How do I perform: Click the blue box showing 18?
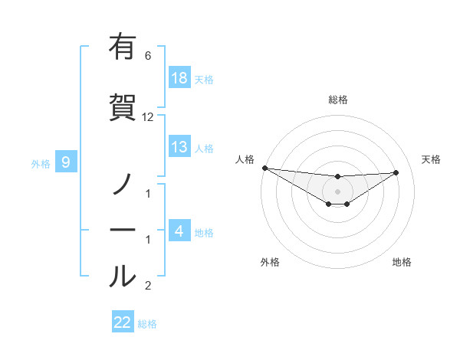[x=179, y=78]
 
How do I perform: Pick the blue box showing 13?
[x=179, y=147]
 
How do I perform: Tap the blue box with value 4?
[x=179, y=231]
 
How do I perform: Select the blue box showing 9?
[x=66, y=162]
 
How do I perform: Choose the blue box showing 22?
[x=123, y=322]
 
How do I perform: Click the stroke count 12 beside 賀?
[x=148, y=117]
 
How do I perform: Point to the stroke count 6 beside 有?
[x=148, y=56]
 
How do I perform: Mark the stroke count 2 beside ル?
[x=148, y=286]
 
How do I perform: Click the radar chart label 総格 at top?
[x=338, y=100]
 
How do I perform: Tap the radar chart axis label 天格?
[x=432, y=159]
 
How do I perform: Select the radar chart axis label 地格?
[x=402, y=263]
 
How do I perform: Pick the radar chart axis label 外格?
[x=270, y=263]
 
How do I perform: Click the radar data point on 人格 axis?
[x=264, y=168]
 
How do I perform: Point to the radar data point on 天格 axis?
[x=396, y=172]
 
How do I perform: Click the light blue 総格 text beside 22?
[x=147, y=324]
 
